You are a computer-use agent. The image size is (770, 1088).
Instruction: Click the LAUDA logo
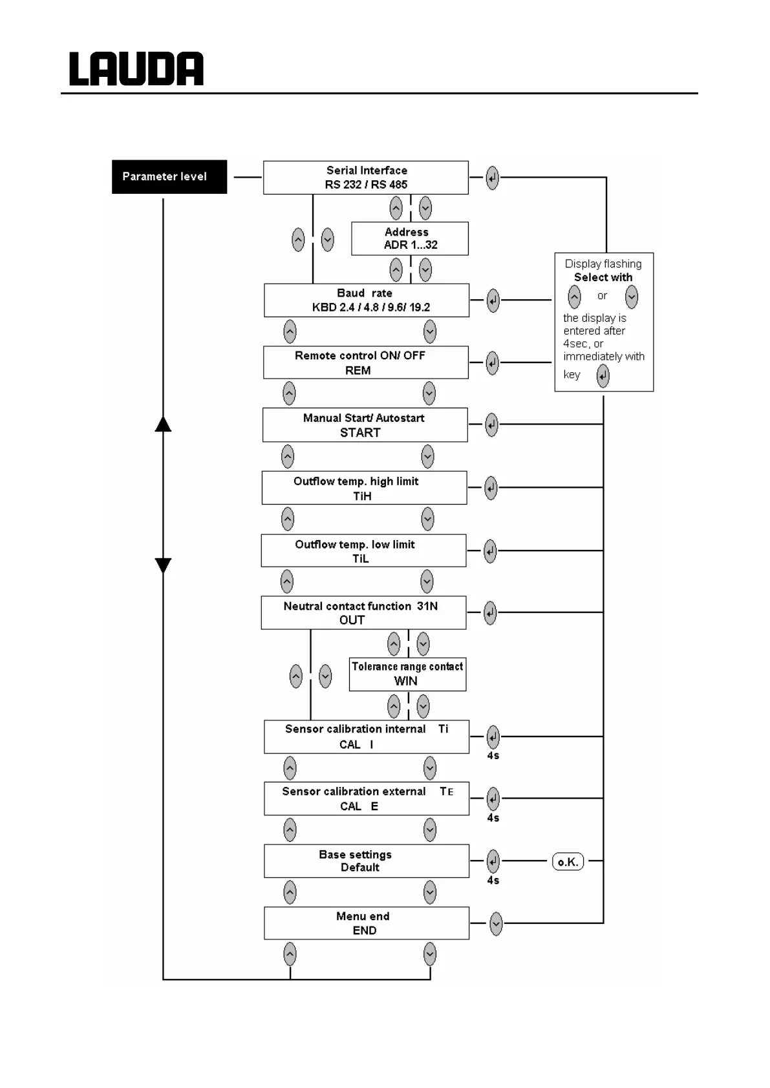[x=136, y=69]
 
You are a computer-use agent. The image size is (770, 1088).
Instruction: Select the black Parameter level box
[x=169, y=176]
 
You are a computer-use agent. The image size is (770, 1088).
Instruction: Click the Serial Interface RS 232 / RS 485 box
[x=365, y=178]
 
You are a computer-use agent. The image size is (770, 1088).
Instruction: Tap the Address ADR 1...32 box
[x=409, y=238]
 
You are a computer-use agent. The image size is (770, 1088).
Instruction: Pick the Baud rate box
[x=366, y=300]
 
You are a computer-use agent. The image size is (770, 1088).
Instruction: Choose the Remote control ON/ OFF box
[x=365, y=362]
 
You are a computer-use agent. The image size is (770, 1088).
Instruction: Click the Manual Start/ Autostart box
[x=365, y=425]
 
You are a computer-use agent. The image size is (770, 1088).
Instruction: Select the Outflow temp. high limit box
[x=364, y=488]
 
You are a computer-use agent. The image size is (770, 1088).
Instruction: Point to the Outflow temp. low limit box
[x=363, y=550]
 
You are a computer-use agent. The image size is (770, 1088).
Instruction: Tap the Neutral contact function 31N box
[x=363, y=612]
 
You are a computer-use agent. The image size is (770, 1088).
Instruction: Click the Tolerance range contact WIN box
[x=407, y=674]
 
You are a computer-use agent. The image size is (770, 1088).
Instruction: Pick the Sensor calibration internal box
[x=366, y=737]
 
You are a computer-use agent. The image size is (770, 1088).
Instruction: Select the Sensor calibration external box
[x=366, y=799]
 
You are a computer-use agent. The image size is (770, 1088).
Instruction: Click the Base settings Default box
[x=366, y=861]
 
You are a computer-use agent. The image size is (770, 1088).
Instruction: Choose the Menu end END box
[x=366, y=923]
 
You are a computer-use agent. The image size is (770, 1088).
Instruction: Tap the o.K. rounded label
[x=568, y=862]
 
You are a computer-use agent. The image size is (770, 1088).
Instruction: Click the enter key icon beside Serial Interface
[x=492, y=178]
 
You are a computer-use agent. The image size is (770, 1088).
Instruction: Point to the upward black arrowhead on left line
[x=163, y=424]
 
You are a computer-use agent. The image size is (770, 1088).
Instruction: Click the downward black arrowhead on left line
[x=163, y=565]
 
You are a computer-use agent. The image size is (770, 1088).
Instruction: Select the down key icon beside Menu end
[x=496, y=924]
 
